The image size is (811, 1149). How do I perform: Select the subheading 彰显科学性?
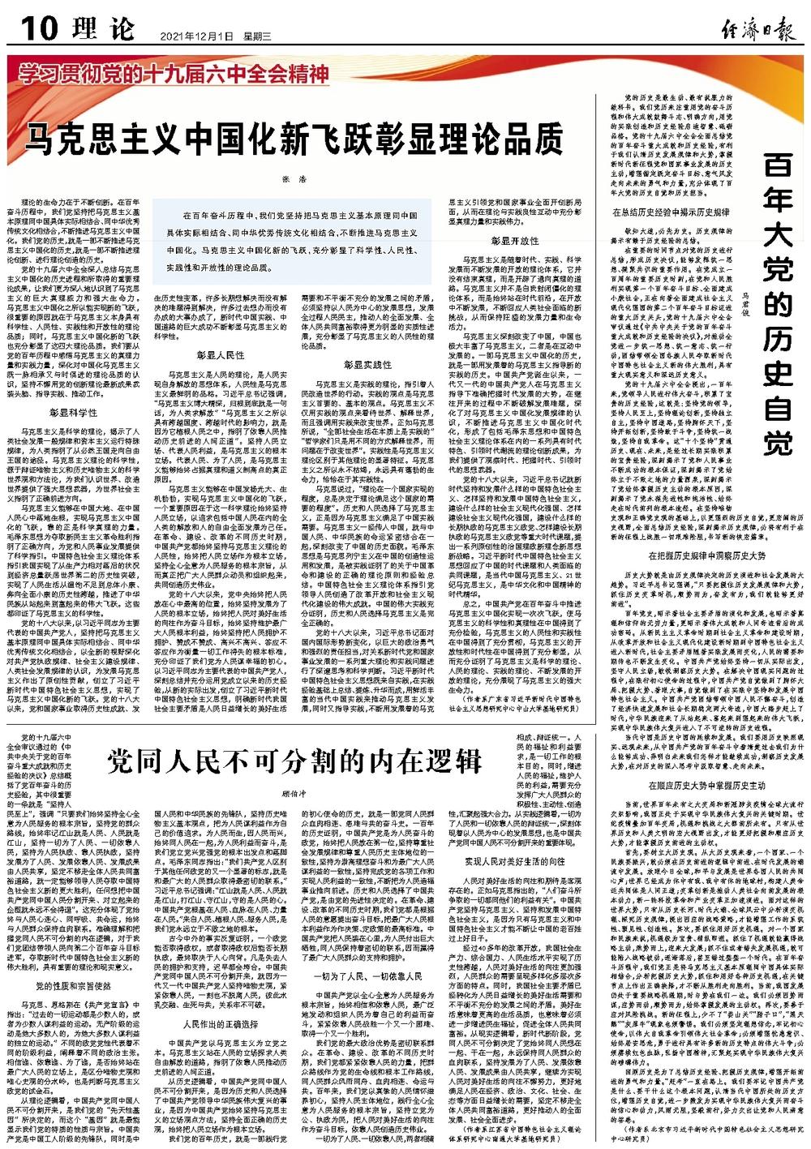pos(74,412)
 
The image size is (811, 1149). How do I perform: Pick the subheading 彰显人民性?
pos(220,355)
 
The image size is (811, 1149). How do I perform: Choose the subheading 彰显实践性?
pos(367,365)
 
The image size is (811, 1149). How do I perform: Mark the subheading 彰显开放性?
pos(514,241)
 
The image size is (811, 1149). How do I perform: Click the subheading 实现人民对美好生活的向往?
pos(514,859)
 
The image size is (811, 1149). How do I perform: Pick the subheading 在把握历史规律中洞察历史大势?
pos(694,533)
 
